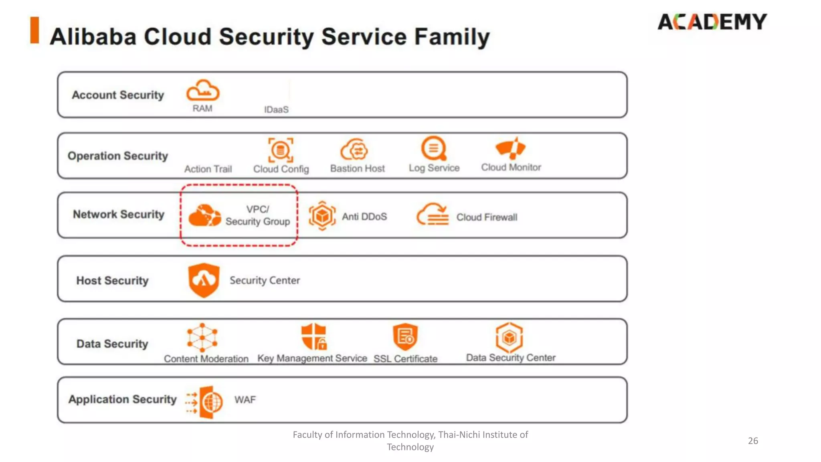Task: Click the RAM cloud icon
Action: pos(203,90)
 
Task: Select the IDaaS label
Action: pos(276,109)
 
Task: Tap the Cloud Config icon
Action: pos(281,150)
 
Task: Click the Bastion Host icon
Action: pos(354,150)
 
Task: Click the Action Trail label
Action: pos(208,169)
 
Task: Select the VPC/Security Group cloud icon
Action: pos(204,215)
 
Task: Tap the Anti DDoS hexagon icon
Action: pos(322,216)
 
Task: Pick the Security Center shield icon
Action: pos(204,280)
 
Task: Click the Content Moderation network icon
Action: pos(202,337)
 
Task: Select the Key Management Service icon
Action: pos(314,336)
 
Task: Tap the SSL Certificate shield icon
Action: pos(405,336)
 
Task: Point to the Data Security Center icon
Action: pos(509,337)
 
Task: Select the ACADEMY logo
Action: pos(712,22)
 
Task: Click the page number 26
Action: pos(753,441)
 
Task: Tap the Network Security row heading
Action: pos(119,215)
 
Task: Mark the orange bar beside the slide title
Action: pos(35,30)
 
